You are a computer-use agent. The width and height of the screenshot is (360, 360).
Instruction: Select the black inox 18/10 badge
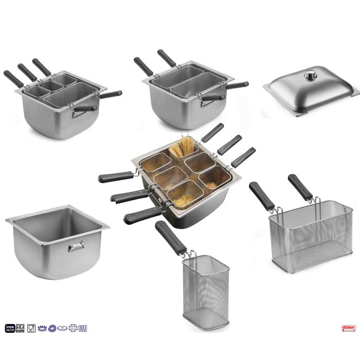[x=10, y=328]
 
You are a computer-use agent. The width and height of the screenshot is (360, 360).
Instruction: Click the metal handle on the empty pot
[x=75, y=248]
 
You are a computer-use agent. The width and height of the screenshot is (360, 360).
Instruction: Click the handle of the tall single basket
[x=171, y=238]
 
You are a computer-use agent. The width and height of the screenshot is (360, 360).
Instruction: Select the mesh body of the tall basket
[x=206, y=288]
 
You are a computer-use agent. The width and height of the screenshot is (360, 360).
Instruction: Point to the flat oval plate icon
[x=61, y=328]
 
